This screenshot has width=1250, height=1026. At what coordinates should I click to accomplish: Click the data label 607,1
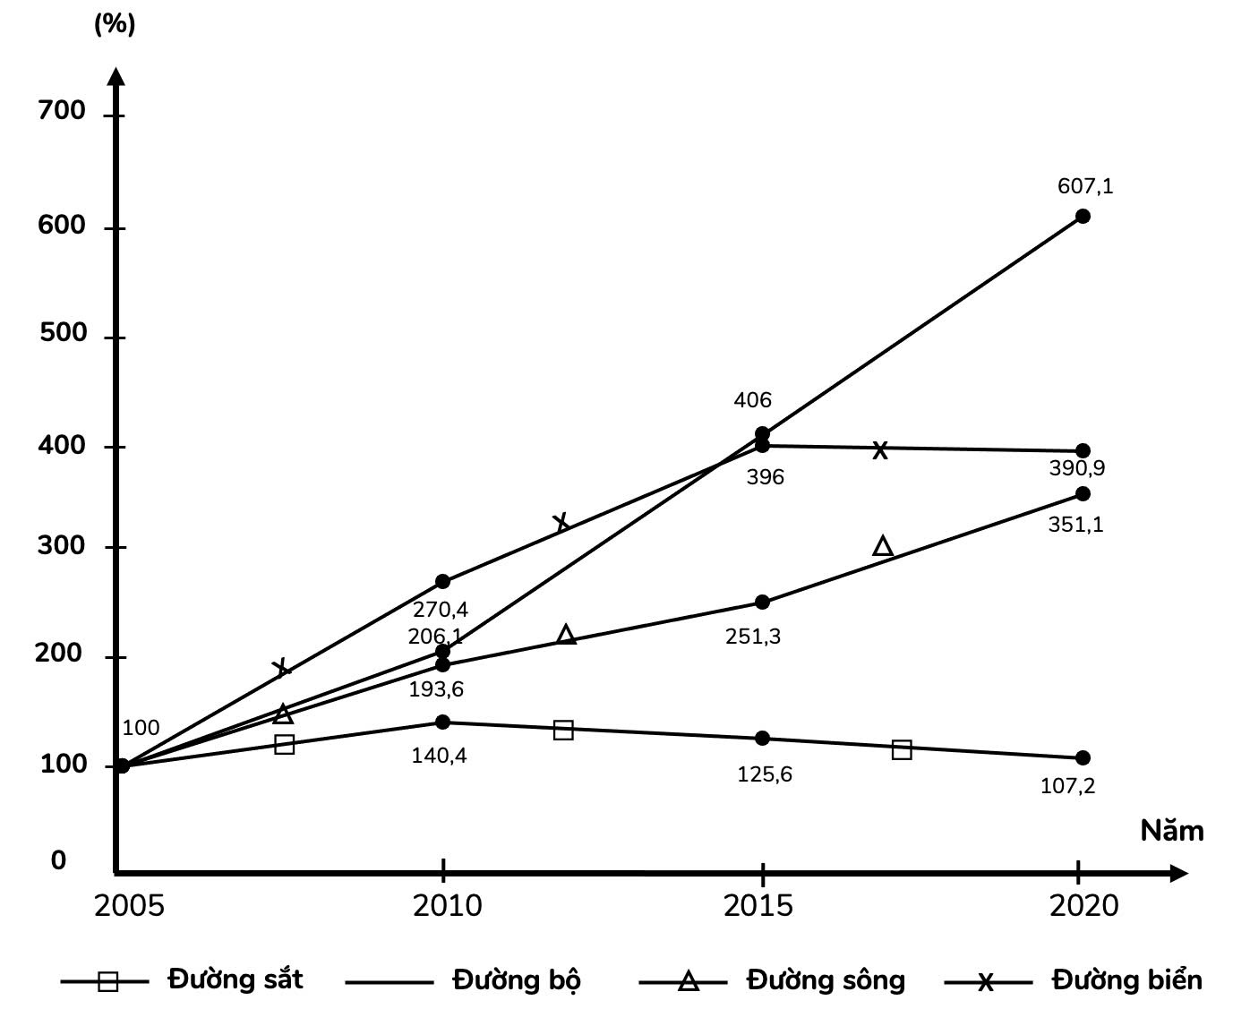click(1085, 187)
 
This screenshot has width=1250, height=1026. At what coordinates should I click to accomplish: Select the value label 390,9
click(1076, 468)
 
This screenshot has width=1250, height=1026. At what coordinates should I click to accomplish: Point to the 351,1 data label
click(1075, 525)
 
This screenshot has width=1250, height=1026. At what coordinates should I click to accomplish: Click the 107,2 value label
click(1067, 786)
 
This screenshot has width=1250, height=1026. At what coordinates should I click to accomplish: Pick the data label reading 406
click(752, 400)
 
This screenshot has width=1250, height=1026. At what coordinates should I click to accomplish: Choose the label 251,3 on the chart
click(753, 637)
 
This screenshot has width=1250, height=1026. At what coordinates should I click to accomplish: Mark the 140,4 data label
click(439, 756)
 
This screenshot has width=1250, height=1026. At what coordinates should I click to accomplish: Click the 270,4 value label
click(441, 611)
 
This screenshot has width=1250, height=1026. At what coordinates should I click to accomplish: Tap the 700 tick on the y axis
click(63, 111)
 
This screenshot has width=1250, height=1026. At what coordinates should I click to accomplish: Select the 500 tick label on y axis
click(63, 333)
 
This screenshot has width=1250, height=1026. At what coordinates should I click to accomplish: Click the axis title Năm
click(1171, 831)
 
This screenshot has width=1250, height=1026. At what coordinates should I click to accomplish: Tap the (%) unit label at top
click(115, 24)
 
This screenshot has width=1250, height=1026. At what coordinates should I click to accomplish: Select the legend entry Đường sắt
click(235, 979)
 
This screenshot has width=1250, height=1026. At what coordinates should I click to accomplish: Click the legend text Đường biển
click(1126, 979)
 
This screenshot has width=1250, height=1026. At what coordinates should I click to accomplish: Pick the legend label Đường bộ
click(517, 979)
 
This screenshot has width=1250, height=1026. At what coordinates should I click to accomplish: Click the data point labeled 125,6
click(762, 739)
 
